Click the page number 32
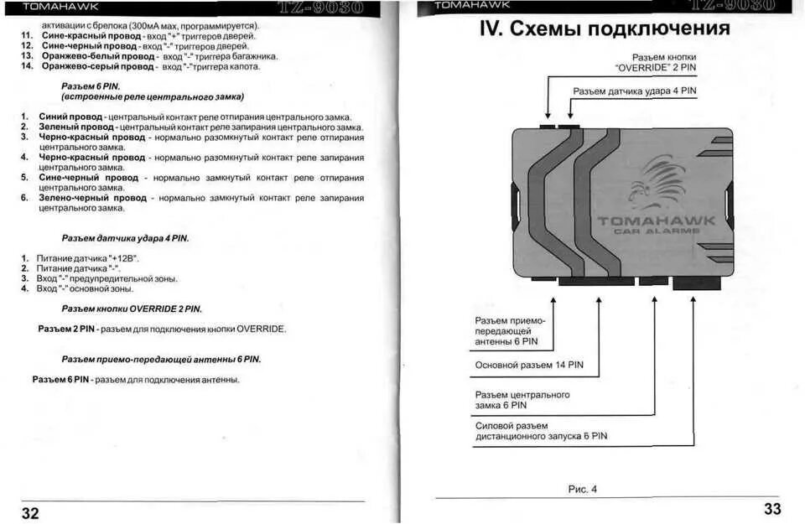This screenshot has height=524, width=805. [30, 513]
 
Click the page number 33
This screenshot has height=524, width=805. [772, 508]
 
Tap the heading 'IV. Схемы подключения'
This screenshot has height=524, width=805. [605, 29]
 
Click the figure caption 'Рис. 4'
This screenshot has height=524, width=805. [582, 490]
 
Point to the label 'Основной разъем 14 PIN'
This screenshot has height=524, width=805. [529, 365]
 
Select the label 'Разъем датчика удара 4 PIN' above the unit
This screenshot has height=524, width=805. [635, 91]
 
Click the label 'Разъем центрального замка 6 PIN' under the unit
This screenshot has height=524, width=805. [522, 400]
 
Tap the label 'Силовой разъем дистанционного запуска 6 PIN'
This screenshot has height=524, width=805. [541, 431]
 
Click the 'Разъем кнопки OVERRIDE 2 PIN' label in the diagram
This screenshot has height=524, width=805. [655, 61]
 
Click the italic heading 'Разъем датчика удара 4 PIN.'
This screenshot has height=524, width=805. [125, 238]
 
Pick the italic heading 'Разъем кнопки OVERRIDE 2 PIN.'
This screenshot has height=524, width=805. [132, 309]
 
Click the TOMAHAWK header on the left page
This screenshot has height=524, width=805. [60, 8]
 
